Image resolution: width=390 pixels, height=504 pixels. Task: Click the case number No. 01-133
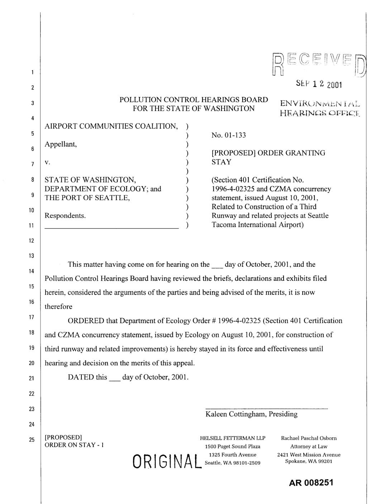click(x=229, y=135)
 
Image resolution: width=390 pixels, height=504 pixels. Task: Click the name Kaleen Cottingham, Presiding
click(x=251, y=414)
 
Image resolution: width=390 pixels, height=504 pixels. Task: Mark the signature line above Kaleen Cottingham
click(x=266, y=408)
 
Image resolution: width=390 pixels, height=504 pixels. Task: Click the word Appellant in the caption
click(x=61, y=144)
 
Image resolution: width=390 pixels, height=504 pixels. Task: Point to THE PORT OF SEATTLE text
click(x=87, y=198)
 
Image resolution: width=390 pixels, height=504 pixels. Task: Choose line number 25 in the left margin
click(x=32, y=440)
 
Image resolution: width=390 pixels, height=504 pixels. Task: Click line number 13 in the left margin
click(x=32, y=256)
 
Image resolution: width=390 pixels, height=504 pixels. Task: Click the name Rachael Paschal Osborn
click(x=309, y=438)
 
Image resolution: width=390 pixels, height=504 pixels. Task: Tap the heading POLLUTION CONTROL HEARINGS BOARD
click(x=194, y=100)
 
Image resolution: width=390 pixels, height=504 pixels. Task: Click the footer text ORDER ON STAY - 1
click(x=74, y=445)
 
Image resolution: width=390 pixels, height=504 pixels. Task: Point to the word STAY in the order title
click(x=222, y=162)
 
